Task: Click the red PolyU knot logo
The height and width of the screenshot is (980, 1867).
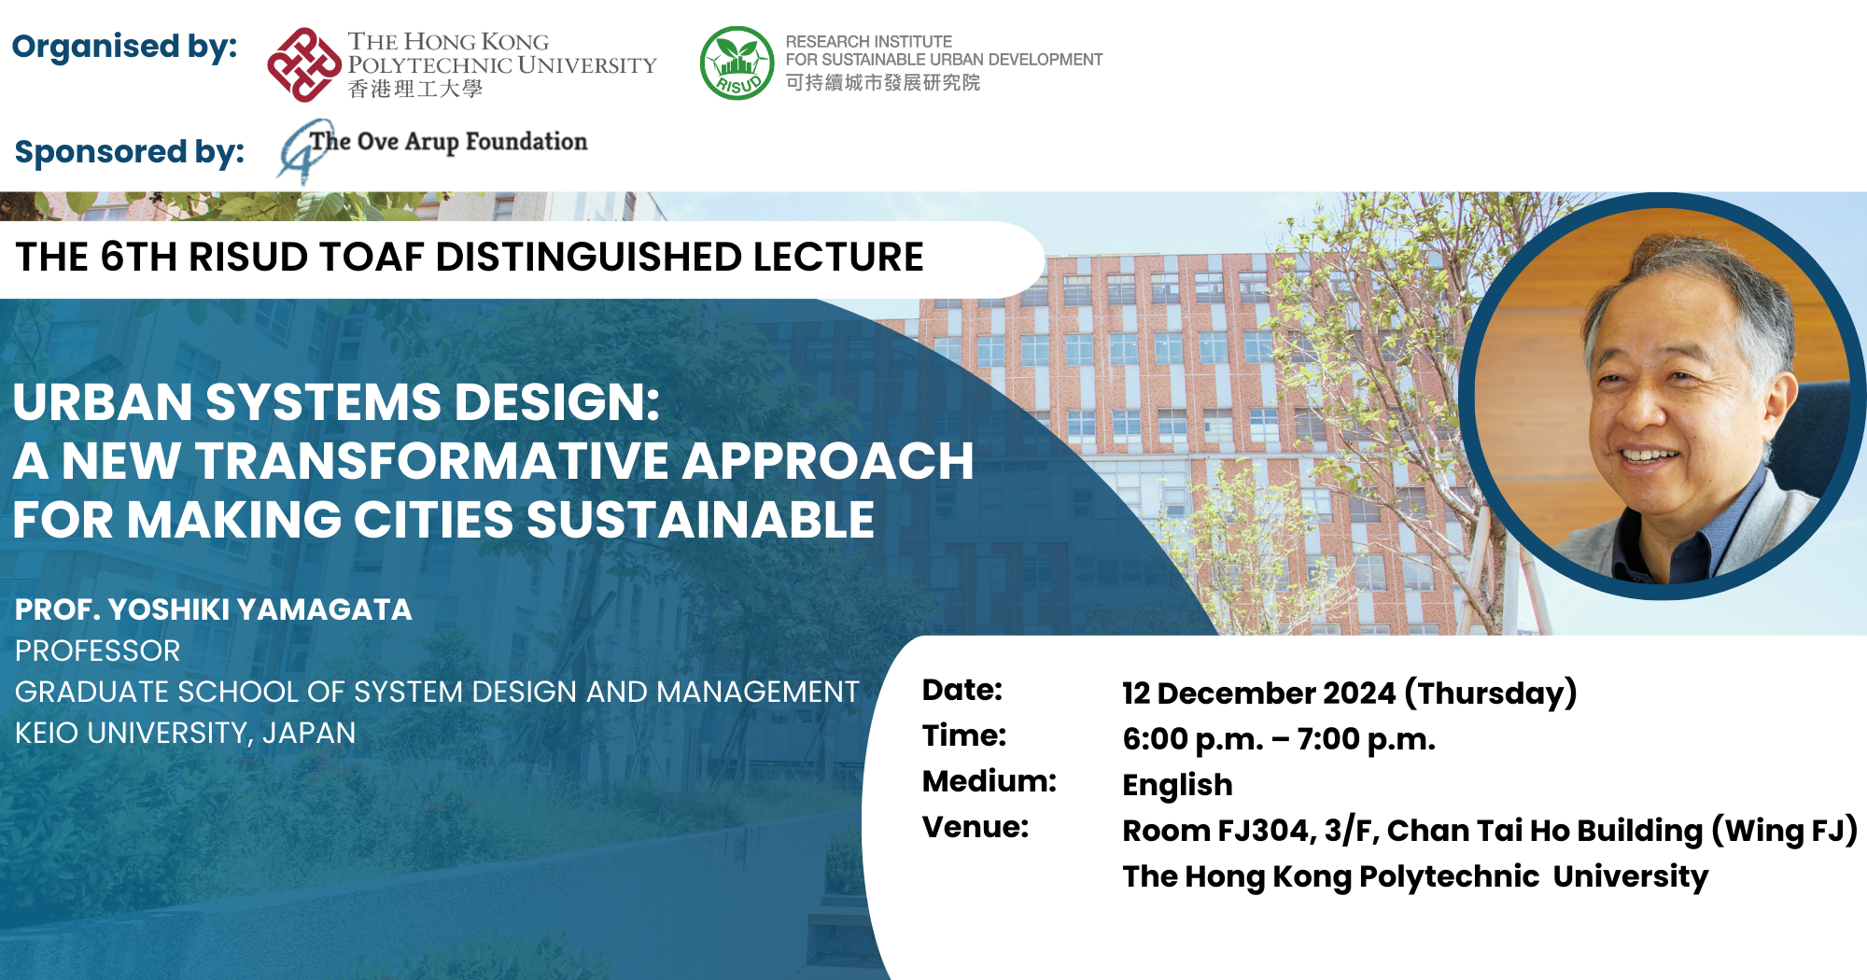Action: (x=303, y=64)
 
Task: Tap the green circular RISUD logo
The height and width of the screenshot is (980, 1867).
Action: (x=737, y=63)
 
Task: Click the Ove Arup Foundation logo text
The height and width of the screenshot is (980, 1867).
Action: (x=449, y=142)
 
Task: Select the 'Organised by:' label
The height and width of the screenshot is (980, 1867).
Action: (x=124, y=47)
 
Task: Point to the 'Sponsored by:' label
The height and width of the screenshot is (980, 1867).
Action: (x=130, y=152)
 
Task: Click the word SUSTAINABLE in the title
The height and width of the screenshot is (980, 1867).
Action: (x=700, y=520)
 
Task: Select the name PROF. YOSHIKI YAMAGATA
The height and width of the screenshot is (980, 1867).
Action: (x=213, y=609)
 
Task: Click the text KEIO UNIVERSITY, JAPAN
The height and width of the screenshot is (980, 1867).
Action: (x=185, y=734)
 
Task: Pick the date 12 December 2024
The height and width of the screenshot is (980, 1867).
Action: (x=1258, y=693)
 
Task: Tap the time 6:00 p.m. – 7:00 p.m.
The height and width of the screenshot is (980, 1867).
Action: (x=1279, y=739)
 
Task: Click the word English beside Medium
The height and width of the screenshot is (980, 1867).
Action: (x=1177, y=786)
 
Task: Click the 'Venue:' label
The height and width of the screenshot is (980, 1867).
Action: (x=976, y=827)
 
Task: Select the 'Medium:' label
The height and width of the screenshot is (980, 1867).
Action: (x=990, y=781)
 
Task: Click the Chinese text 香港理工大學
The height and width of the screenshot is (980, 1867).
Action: (x=415, y=89)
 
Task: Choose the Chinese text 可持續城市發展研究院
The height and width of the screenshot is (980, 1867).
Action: (x=883, y=83)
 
